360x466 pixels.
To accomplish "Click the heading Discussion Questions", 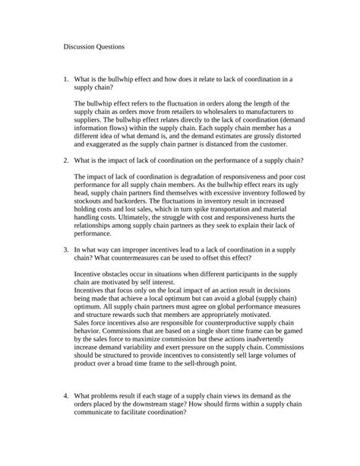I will [x=94, y=46].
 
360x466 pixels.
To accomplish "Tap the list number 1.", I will [x=66, y=78].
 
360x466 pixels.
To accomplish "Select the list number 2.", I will [x=66, y=160].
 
